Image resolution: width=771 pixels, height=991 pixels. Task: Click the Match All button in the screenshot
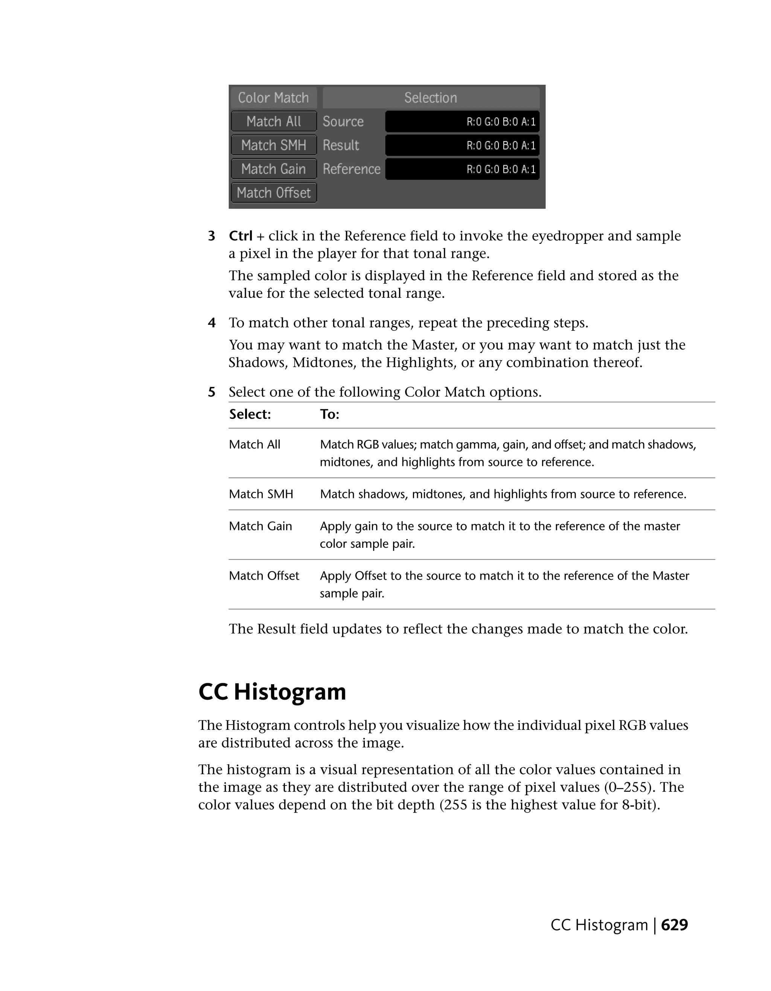coord(274,122)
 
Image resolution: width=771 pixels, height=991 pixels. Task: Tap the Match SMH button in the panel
coord(274,145)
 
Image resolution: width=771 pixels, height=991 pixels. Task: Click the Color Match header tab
coord(273,97)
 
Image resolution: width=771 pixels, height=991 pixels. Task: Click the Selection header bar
coord(431,97)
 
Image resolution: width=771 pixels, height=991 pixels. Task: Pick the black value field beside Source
coord(462,122)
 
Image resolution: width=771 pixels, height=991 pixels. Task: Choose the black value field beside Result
coord(462,145)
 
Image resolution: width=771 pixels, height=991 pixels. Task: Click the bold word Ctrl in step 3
coord(241,236)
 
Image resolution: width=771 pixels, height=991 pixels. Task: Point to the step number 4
coord(212,323)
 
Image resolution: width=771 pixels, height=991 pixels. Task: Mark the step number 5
coord(212,392)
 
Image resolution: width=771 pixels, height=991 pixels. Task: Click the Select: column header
coord(250,414)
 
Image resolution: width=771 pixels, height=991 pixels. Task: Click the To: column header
coord(330,414)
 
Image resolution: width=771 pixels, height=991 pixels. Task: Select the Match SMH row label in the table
coord(261,494)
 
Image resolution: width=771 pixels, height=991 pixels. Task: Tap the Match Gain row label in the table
coord(261,526)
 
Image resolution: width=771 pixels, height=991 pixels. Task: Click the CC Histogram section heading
coord(272,691)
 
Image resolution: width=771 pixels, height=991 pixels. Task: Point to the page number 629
coord(674,924)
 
